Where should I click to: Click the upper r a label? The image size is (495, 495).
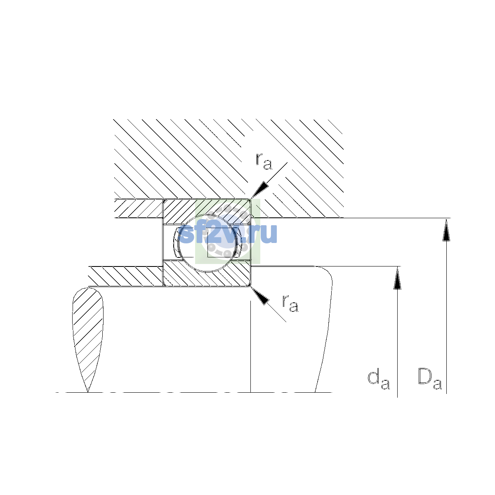click(x=264, y=161)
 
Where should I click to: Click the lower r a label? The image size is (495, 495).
click(x=290, y=303)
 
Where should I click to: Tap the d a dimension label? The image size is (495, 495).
click(x=378, y=380)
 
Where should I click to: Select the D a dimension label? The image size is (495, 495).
click(x=430, y=380)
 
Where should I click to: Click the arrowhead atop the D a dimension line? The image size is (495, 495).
click(x=446, y=230)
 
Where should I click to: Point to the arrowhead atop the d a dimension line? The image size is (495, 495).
click(x=397, y=278)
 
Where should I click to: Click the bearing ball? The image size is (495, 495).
click(x=208, y=243)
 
